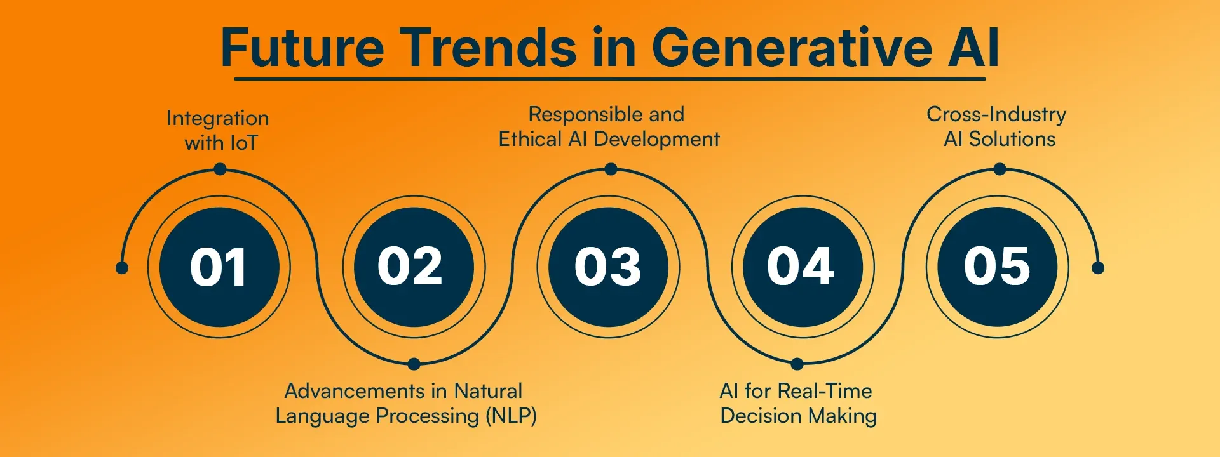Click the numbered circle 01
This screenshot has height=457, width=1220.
pos(219,267)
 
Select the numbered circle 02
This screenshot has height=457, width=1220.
pos(414,267)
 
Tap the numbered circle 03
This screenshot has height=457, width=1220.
pos(609,267)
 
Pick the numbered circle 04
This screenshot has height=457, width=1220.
pos(803,267)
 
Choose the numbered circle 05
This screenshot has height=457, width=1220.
pos(998,267)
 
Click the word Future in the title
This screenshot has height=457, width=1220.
pos(302,48)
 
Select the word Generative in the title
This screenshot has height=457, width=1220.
pos(792,48)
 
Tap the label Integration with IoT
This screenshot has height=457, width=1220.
pos(219,130)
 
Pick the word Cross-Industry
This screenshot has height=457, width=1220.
pos(996,114)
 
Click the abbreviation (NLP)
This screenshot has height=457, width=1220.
pos(511,416)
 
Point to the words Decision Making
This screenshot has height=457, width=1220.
pos(799,416)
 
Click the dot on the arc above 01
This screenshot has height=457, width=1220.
pos(220,169)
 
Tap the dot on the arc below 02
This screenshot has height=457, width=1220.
pos(414,364)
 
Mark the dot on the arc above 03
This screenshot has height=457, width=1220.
pos(611,169)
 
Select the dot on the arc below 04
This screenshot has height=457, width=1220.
pos(797,364)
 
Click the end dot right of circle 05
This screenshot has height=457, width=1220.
pos(1098,268)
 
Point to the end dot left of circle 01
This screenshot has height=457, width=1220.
pos(122,268)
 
